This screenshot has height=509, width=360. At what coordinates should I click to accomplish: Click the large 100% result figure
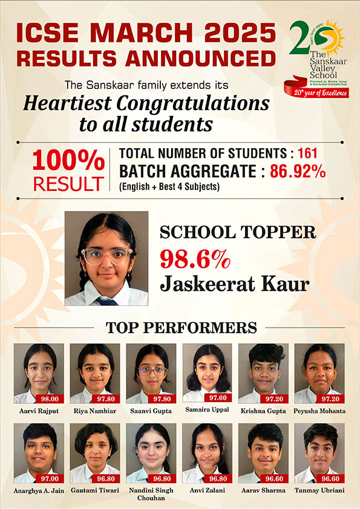[x=68, y=161]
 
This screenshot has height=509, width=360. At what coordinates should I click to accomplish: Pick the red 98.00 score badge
[x=50, y=399]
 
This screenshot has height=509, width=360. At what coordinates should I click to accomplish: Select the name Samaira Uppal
[x=206, y=411]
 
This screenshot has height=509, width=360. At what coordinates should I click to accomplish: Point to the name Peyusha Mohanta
[x=319, y=411]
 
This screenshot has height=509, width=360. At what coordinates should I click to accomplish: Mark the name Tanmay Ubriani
[x=319, y=490]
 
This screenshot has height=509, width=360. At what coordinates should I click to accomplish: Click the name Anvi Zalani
[x=206, y=490]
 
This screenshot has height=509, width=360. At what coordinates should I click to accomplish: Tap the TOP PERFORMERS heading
[x=182, y=328]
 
